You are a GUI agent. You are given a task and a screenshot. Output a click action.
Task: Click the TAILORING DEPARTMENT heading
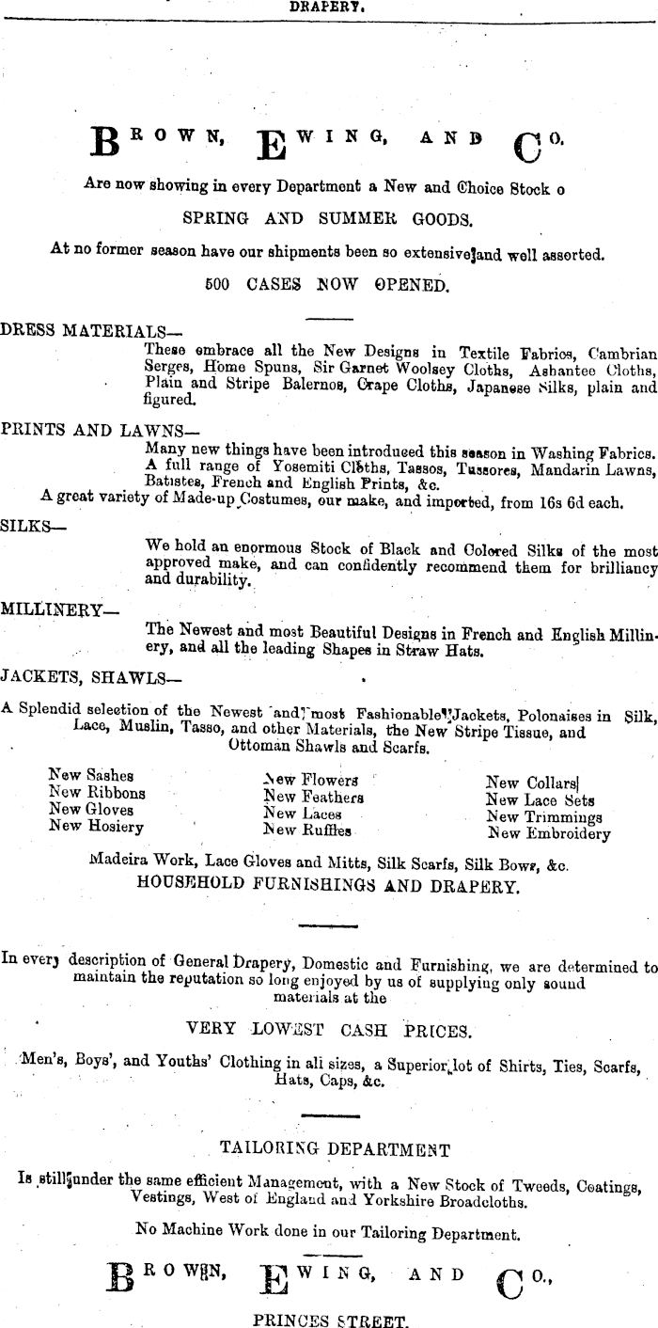334,1147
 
